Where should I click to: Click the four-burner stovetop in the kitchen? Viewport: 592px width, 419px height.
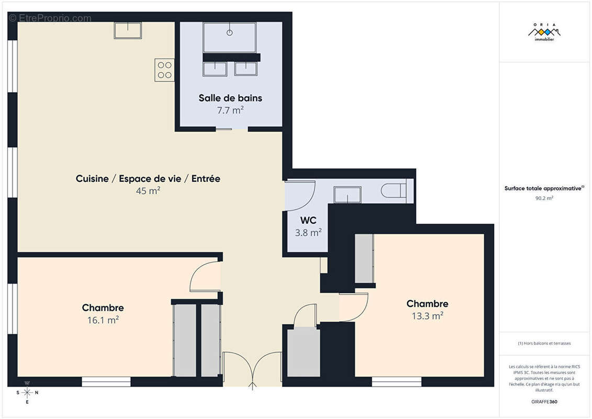164,70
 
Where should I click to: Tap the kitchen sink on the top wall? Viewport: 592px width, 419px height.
128,30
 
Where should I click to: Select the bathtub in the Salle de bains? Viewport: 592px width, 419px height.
229,37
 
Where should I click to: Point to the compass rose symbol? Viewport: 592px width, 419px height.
27,392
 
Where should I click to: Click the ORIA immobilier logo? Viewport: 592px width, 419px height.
544,33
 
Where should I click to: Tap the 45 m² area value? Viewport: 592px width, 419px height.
148,191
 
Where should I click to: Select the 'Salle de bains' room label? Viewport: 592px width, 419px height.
230,98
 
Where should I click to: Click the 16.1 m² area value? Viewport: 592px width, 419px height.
103,320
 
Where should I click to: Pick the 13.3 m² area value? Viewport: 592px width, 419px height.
427,316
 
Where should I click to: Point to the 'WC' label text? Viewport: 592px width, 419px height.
308,220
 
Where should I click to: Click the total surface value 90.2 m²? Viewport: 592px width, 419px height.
544,199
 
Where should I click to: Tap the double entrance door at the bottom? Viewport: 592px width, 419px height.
253,369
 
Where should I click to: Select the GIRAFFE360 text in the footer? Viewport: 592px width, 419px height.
544,402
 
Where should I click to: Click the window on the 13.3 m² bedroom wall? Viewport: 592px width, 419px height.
396,381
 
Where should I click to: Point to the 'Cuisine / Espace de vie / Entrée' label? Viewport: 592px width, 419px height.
148,179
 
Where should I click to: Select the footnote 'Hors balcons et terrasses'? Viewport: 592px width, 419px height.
544,344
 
